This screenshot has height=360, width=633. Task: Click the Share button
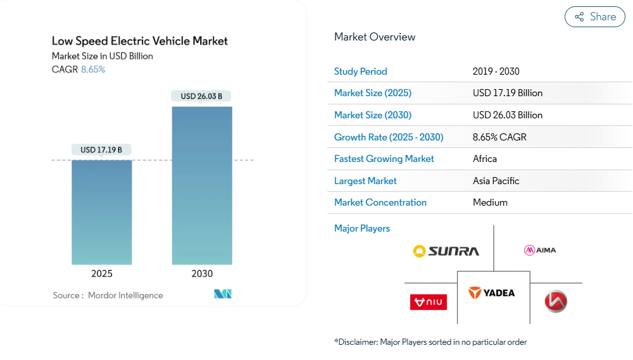click(595, 17)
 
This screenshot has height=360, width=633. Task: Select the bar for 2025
click(101, 212)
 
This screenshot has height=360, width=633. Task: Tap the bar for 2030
click(202, 185)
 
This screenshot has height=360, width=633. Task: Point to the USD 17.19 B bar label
click(101, 150)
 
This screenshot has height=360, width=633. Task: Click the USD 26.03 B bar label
click(201, 96)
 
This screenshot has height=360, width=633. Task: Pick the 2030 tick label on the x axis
click(202, 274)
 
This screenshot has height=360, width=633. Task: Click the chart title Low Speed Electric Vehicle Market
click(140, 41)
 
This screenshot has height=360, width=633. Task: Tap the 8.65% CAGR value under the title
click(93, 70)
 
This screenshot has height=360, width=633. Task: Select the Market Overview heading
click(375, 37)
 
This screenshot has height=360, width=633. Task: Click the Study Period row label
click(361, 71)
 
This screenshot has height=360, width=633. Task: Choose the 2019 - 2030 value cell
click(496, 71)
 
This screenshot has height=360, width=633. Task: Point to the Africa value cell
click(485, 159)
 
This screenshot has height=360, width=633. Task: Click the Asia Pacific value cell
click(496, 181)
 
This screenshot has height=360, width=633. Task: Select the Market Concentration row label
click(380, 202)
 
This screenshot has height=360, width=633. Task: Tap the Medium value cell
click(490, 202)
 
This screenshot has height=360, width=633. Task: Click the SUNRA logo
click(446, 251)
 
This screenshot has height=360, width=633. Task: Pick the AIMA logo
click(540, 250)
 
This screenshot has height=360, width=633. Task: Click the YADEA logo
click(492, 293)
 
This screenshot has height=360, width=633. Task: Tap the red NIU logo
click(429, 302)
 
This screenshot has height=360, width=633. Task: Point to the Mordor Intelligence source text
click(125, 295)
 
